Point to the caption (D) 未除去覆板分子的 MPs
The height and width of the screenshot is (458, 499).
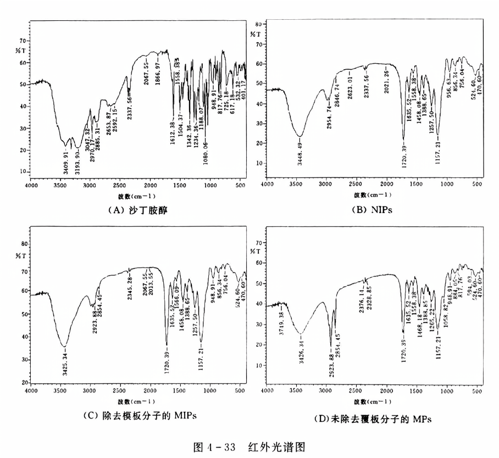pos(372,418)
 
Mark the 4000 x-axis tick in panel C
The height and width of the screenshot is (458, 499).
pos(30,390)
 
